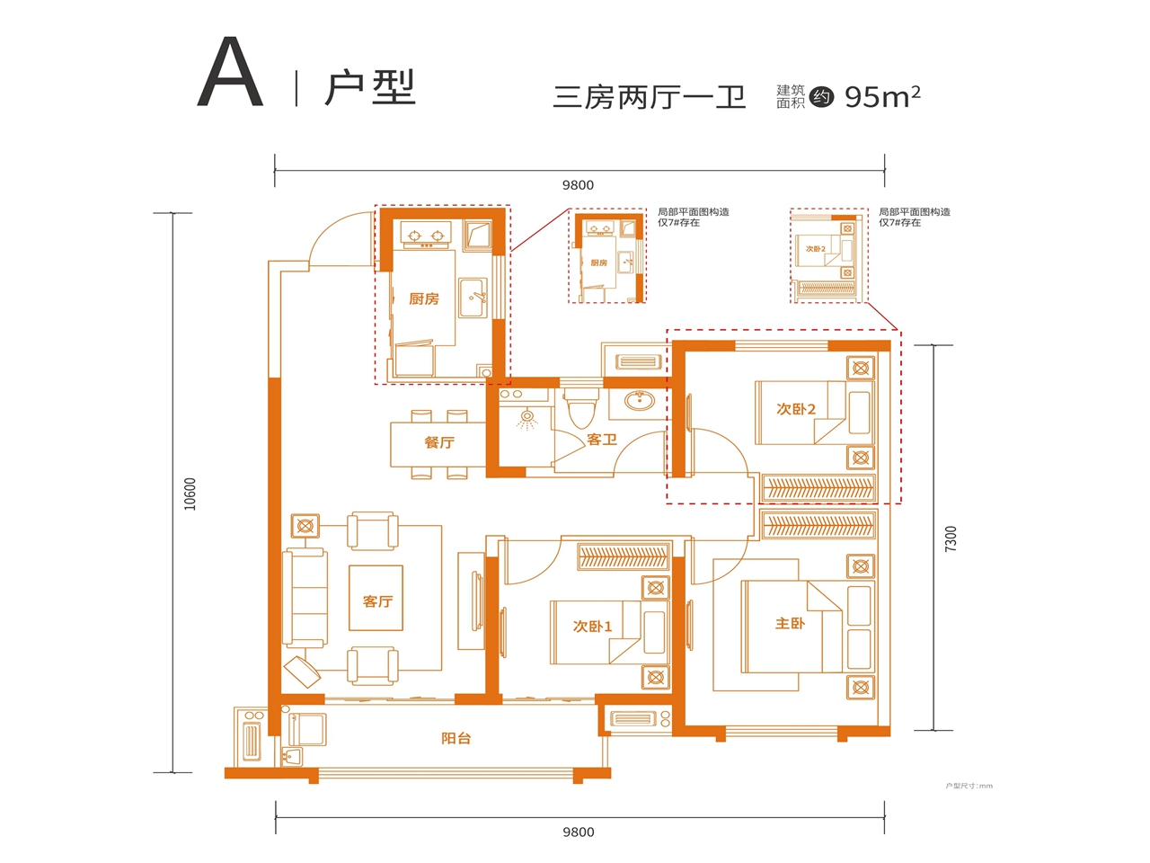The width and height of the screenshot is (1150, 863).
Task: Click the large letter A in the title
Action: tap(230, 75)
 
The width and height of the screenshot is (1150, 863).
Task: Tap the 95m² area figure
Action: tap(881, 96)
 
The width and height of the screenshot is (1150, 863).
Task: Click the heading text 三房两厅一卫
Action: tap(649, 96)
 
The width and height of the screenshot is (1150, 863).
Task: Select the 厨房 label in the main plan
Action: tap(423, 298)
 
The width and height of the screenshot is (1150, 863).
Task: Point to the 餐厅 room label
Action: tap(439, 442)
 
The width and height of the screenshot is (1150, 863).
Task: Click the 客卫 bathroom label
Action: tap(601, 440)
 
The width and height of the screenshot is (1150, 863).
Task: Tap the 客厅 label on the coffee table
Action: tap(377, 601)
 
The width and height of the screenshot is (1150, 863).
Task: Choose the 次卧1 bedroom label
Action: tap(592, 627)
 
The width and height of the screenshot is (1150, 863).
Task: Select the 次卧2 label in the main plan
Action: tap(796, 409)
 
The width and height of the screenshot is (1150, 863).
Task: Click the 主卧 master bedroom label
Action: tap(790, 623)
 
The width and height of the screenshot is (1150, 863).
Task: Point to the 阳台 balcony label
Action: tap(456, 738)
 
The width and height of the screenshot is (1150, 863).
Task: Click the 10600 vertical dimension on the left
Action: tap(190, 494)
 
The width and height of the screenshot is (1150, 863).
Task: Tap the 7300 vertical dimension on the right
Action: tap(951, 538)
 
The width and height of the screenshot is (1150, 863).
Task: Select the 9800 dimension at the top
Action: tap(578, 185)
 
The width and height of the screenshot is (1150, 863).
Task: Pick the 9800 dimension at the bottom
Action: tap(578, 832)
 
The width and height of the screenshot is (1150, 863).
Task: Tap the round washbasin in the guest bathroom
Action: tap(639, 401)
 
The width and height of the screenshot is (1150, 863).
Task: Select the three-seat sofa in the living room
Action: tap(304, 597)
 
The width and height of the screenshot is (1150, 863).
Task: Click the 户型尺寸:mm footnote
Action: tap(969, 786)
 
